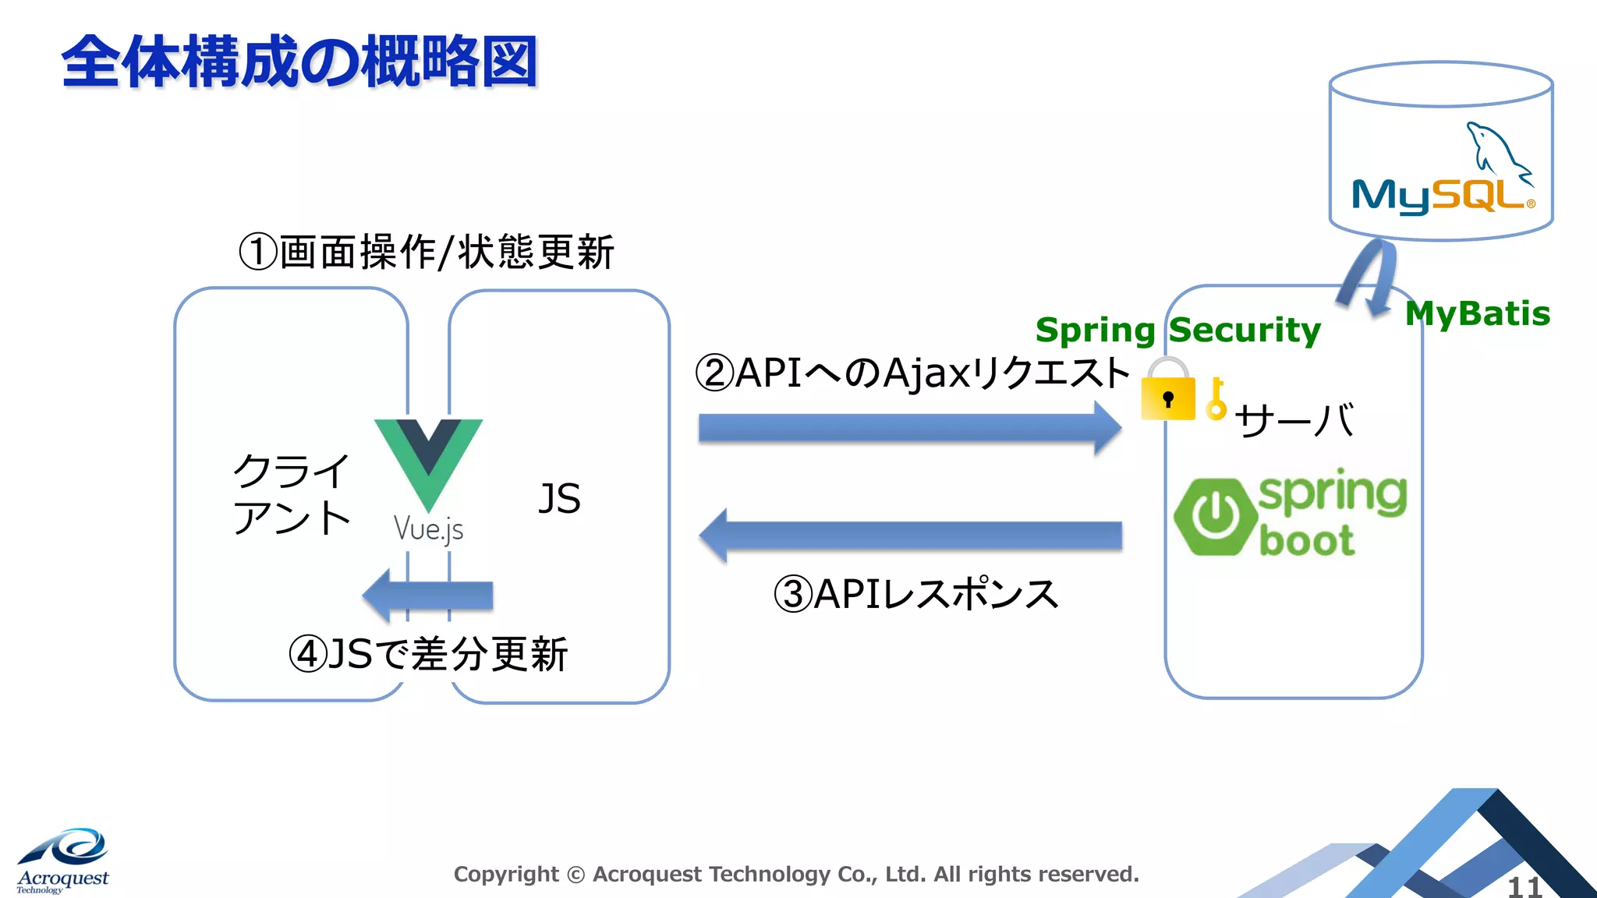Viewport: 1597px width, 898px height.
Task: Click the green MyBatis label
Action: coord(1477,314)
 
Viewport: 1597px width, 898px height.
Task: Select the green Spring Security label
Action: coord(1177,331)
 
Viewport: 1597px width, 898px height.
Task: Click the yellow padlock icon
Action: coord(1167,392)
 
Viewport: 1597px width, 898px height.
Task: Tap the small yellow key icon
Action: coord(1215,400)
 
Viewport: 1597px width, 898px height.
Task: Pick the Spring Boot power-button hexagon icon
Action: coord(1213,516)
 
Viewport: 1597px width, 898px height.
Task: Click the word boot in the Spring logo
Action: coord(1306,541)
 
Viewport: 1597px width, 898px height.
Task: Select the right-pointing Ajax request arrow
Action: coord(909,428)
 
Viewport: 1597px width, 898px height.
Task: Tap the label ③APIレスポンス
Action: coord(915,594)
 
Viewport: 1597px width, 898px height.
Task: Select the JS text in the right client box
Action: coord(559,499)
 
